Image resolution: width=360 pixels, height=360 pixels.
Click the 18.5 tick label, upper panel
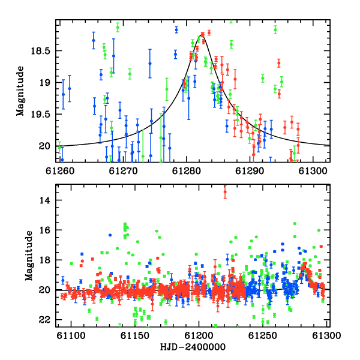click(x=40, y=51)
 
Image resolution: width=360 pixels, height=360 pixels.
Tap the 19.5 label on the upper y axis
click(x=40, y=114)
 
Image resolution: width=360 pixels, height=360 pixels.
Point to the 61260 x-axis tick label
click(x=60, y=171)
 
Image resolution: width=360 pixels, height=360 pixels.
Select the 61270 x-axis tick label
click(x=123, y=171)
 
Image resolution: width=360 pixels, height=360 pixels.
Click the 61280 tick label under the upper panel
click(x=187, y=171)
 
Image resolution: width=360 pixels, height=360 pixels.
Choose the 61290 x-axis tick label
click(x=250, y=171)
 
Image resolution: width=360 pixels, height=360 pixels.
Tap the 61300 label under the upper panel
click(x=313, y=171)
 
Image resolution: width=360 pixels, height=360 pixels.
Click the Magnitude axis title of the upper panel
click(x=20, y=91)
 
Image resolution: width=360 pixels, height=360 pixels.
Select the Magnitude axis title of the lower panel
click(x=29, y=256)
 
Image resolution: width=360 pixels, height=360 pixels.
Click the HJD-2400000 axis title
click(x=193, y=347)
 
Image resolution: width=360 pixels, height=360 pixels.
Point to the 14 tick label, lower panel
click(x=44, y=200)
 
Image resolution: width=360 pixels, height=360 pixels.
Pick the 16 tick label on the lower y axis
click(x=44, y=230)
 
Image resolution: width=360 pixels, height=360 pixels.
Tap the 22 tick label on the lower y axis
click(x=44, y=320)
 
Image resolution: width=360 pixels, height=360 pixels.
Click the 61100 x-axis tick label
click(x=71, y=335)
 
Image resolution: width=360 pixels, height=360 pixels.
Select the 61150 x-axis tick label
click(x=135, y=335)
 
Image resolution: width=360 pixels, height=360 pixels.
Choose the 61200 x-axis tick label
click(x=199, y=335)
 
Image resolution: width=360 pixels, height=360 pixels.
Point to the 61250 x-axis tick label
click(x=263, y=335)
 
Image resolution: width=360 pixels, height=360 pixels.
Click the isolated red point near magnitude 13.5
click(x=225, y=192)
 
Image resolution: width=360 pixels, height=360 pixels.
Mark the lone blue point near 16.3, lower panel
click(x=110, y=235)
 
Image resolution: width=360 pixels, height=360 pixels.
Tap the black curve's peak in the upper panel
click(x=202, y=34)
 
